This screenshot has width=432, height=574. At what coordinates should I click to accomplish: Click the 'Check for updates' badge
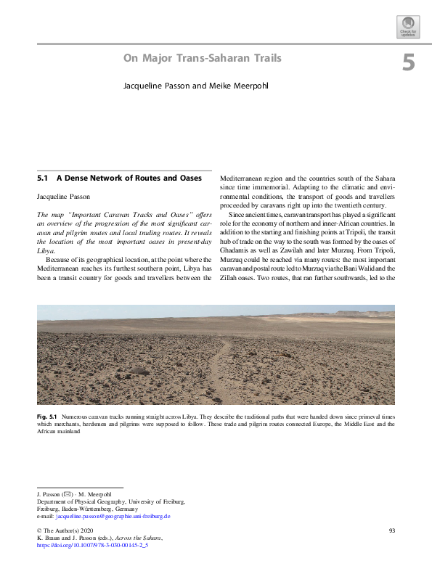click(409, 28)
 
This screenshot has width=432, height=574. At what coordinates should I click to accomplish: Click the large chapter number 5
click(408, 63)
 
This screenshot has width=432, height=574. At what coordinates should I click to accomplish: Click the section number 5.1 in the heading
click(41, 177)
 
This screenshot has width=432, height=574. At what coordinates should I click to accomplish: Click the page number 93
click(391, 531)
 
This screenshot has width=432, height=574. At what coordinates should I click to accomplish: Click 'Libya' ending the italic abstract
click(44, 248)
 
